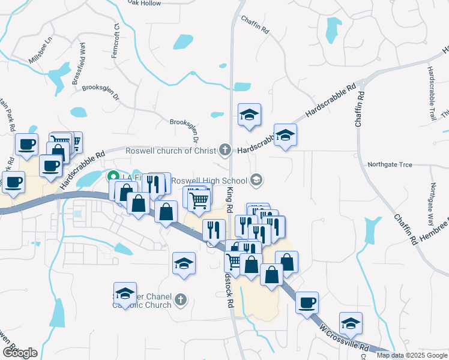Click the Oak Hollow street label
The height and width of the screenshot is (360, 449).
click(145, 3)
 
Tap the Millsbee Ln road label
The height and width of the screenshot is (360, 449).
click(41, 50)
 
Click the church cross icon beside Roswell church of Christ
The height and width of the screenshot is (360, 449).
click(225, 150)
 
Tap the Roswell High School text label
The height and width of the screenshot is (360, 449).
click(209, 181)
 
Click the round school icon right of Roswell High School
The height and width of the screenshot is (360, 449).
click(256, 180)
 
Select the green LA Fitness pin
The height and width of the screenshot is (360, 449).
click(112, 178)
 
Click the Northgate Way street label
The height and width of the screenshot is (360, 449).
click(435, 203)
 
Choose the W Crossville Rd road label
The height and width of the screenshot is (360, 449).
click(345, 338)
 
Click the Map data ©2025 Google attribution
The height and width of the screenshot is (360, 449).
click(412, 355)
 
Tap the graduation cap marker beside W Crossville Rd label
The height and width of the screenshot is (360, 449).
click(351, 325)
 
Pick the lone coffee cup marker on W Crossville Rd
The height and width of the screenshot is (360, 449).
click(307, 302)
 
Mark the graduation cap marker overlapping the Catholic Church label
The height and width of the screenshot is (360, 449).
click(125, 294)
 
